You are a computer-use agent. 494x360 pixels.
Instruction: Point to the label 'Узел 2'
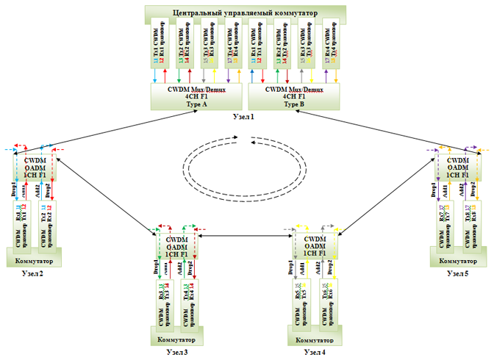27,274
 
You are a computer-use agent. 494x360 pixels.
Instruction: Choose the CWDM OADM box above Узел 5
459,167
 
